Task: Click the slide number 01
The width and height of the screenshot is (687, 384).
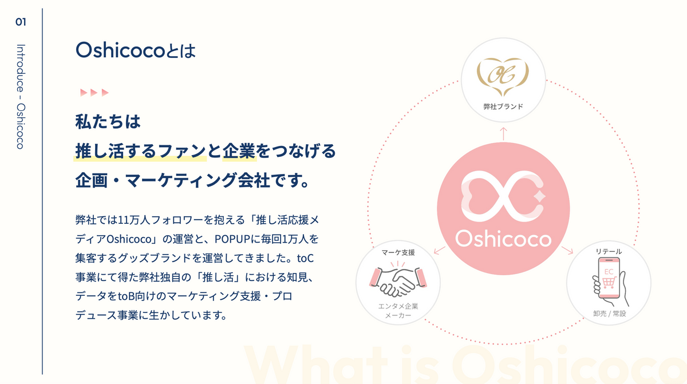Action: [21, 22]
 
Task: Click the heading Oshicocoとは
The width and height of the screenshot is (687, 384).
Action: [135, 50]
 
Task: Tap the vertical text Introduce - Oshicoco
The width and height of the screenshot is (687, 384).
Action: [21, 97]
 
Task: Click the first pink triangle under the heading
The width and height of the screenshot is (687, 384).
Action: [84, 92]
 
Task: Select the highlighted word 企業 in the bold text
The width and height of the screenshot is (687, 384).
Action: [239, 151]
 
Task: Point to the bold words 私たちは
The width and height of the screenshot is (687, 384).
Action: [108, 122]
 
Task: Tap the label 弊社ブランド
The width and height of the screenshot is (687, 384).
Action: [503, 106]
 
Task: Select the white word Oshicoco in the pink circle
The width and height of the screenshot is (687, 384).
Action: [503, 239]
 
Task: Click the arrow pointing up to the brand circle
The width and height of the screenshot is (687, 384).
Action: [503, 134]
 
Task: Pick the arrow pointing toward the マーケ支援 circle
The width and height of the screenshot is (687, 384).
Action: [440, 250]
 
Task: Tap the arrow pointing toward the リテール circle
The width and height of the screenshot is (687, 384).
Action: [567, 250]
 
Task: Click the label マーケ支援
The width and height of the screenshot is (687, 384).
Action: [398, 252]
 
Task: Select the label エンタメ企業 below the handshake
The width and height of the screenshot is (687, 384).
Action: [398, 306]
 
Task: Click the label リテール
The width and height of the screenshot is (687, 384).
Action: [609, 252]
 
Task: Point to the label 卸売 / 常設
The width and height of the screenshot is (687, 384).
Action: [609, 314]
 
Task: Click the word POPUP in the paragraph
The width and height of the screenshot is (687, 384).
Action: [232, 239]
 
